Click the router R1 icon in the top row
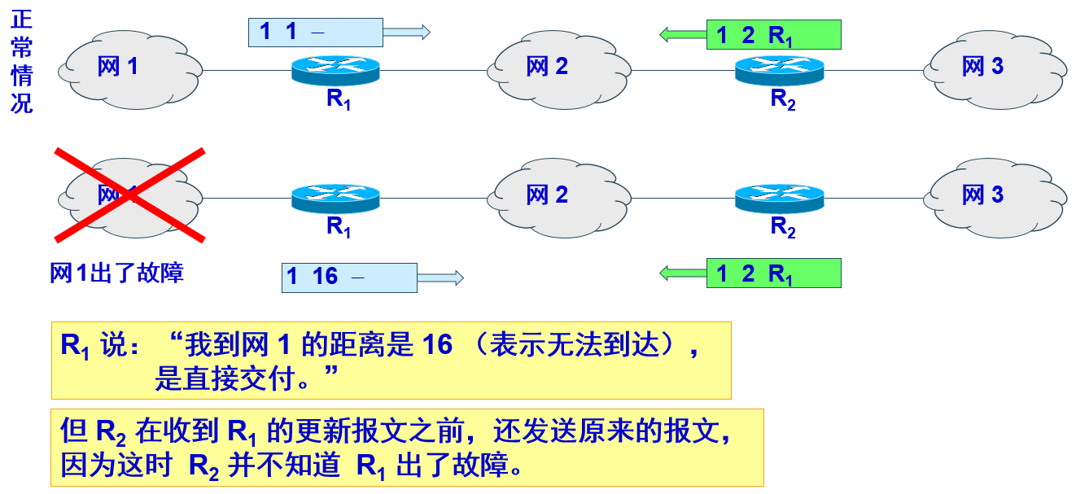coord(335,70)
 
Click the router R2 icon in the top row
coord(779,70)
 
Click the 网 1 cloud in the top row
coord(130,68)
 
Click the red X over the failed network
coord(129,195)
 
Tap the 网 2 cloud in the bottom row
coord(558,195)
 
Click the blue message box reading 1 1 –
coord(315,33)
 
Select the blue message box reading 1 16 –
coord(348,278)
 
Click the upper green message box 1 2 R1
coord(773,35)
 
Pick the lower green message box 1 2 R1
coord(773,273)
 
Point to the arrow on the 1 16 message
coord(440,278)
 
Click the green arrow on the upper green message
coord(682,34)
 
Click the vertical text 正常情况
coord(21,62)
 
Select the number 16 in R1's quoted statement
coord(437,345)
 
